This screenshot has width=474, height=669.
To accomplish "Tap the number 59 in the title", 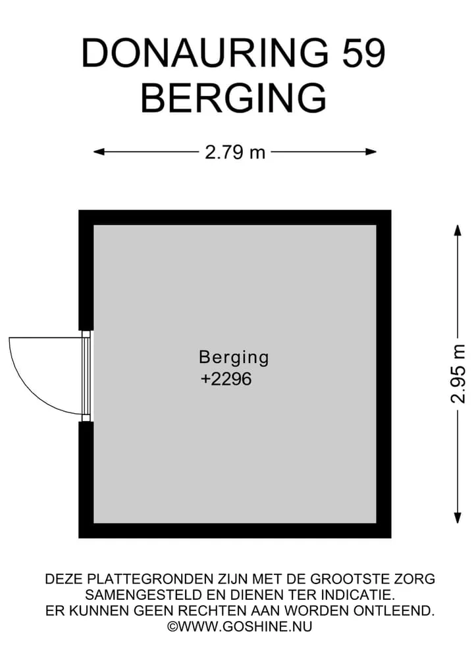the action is [x=364, y=53].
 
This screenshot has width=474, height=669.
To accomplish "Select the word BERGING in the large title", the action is [x=234, y=98].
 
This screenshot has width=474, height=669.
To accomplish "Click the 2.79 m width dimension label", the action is [x=235, y=152].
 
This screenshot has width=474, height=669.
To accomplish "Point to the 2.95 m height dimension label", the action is [x=458, y=374].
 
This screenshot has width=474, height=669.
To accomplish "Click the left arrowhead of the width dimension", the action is [x=99, y=151].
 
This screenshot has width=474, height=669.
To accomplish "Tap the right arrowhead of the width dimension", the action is [x=371, y=151].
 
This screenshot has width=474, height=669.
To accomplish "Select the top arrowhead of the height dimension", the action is [x=458, y=230].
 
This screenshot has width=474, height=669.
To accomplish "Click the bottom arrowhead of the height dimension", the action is [x=458, y=518].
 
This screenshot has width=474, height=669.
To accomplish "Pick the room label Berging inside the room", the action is [x=234, y=358].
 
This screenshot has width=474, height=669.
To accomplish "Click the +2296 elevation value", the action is [x=226, y=379].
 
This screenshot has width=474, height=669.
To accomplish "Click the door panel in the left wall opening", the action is [x=86, y=376].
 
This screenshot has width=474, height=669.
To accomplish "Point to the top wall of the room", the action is [x=235, y=218].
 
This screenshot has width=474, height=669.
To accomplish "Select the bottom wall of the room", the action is [x=235, y=530].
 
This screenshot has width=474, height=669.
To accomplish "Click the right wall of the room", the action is [x=384, y=374].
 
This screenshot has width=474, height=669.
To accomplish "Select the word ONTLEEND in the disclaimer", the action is [x=394, y=610].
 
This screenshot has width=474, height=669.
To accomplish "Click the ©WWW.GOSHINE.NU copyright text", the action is [x=240, y=626].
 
